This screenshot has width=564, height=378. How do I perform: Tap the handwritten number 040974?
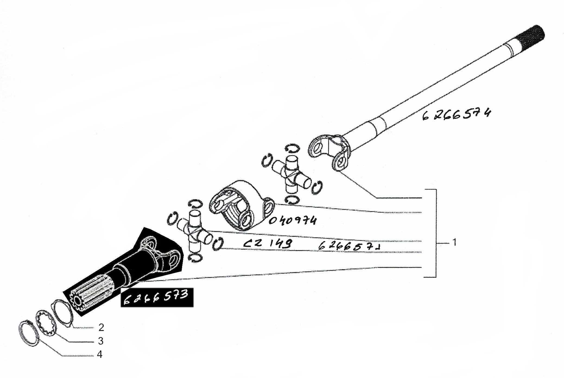click(293, 220)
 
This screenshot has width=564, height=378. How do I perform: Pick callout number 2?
click(101, 327)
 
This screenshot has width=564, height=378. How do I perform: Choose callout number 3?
click(100, 341)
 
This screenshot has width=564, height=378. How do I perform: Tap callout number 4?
click(100, 354)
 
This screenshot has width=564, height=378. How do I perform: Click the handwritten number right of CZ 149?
click(349, 246)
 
